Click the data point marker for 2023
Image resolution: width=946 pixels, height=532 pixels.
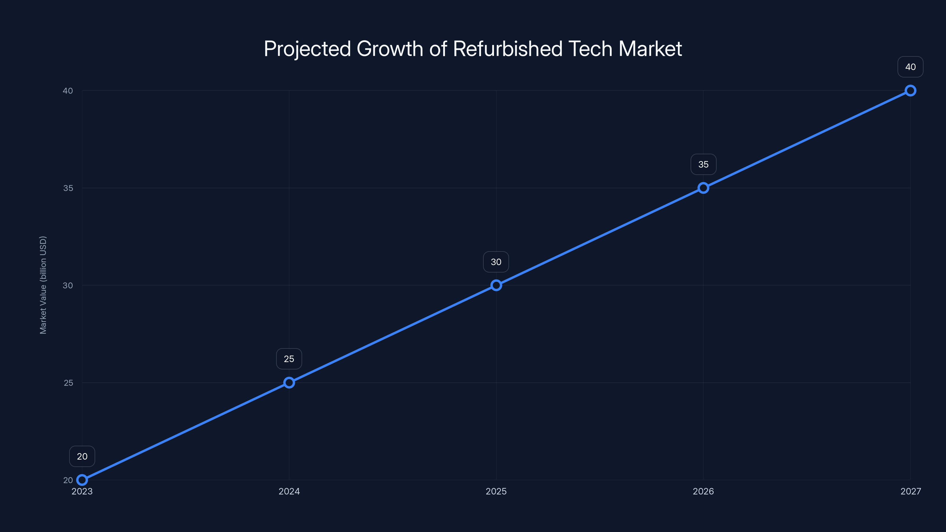pyautogui.click(x=82, y=480)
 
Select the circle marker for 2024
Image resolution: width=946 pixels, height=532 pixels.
pyautogui.click(x=289, y=382)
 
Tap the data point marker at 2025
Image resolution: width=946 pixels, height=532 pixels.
pyautogui.click(x=496, y=285)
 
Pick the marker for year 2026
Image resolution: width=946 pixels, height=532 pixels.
pyautogui.click(x=703, y=188)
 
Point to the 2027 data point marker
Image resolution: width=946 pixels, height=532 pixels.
pyautogui.click(x=911, y=91)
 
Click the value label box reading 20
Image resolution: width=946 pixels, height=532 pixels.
pyautogui.click(x=82, y=456)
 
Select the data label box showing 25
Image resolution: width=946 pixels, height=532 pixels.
pyautogui.click(x=289, y=359)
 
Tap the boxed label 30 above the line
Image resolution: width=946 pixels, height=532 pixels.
pyautogui.click(x=496, y=262)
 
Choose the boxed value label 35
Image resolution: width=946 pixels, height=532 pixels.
pyautogui.click(x=703, y=165)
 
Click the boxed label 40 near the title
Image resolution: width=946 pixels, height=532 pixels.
pyautogui.click(x=911, y=67)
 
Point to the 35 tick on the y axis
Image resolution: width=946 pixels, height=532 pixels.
pyautogui.click(x=68, y=188)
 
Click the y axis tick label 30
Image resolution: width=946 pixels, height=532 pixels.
pyautogui.click(x=68, y=285)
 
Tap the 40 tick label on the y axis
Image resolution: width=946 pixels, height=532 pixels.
pyautogui.click(x=68, y=91)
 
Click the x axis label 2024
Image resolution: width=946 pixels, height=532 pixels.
pyautogui.click(x=289, y=491)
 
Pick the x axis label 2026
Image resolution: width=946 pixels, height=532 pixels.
pyautogui.click(x=703, y=491)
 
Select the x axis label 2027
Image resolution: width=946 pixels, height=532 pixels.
pyautogui.click(x=911, y=491)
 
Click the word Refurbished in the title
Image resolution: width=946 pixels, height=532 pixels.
pyautogui.click(x=508, y=49)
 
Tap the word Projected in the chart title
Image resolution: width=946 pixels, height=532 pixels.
pyautogui.click(x=307, y=49)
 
